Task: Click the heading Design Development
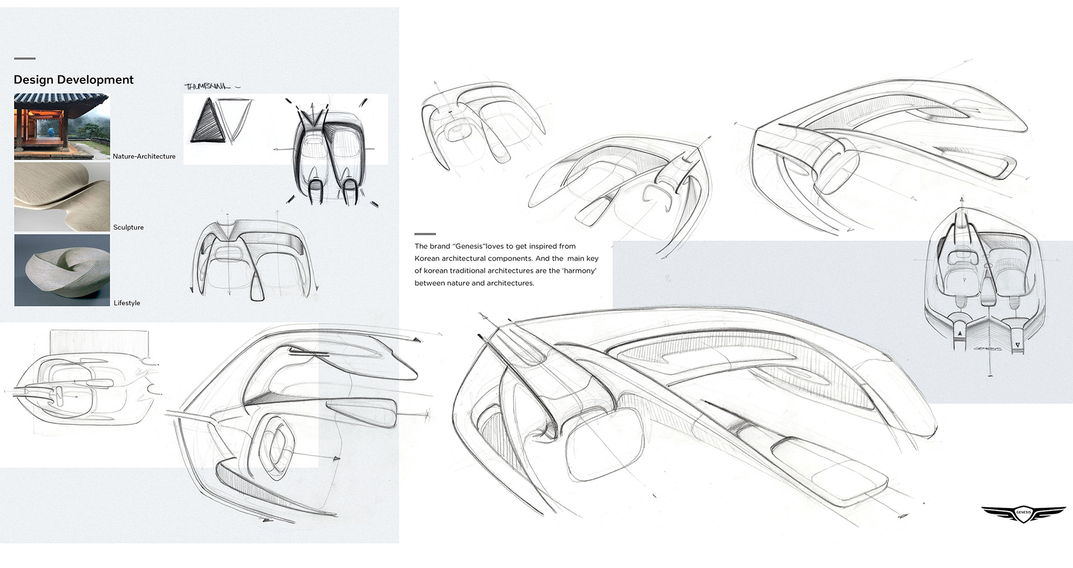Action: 73,80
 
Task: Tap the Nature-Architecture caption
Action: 144,157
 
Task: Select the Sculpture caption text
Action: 128,228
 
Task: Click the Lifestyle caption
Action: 127,303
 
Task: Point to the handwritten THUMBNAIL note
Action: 208,86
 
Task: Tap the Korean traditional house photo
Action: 61,127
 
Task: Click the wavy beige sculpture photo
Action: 61,197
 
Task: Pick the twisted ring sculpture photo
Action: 61,270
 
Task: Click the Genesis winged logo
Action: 1023,513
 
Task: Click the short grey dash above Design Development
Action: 25,58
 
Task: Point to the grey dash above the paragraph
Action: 425,234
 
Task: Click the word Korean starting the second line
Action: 427,259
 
